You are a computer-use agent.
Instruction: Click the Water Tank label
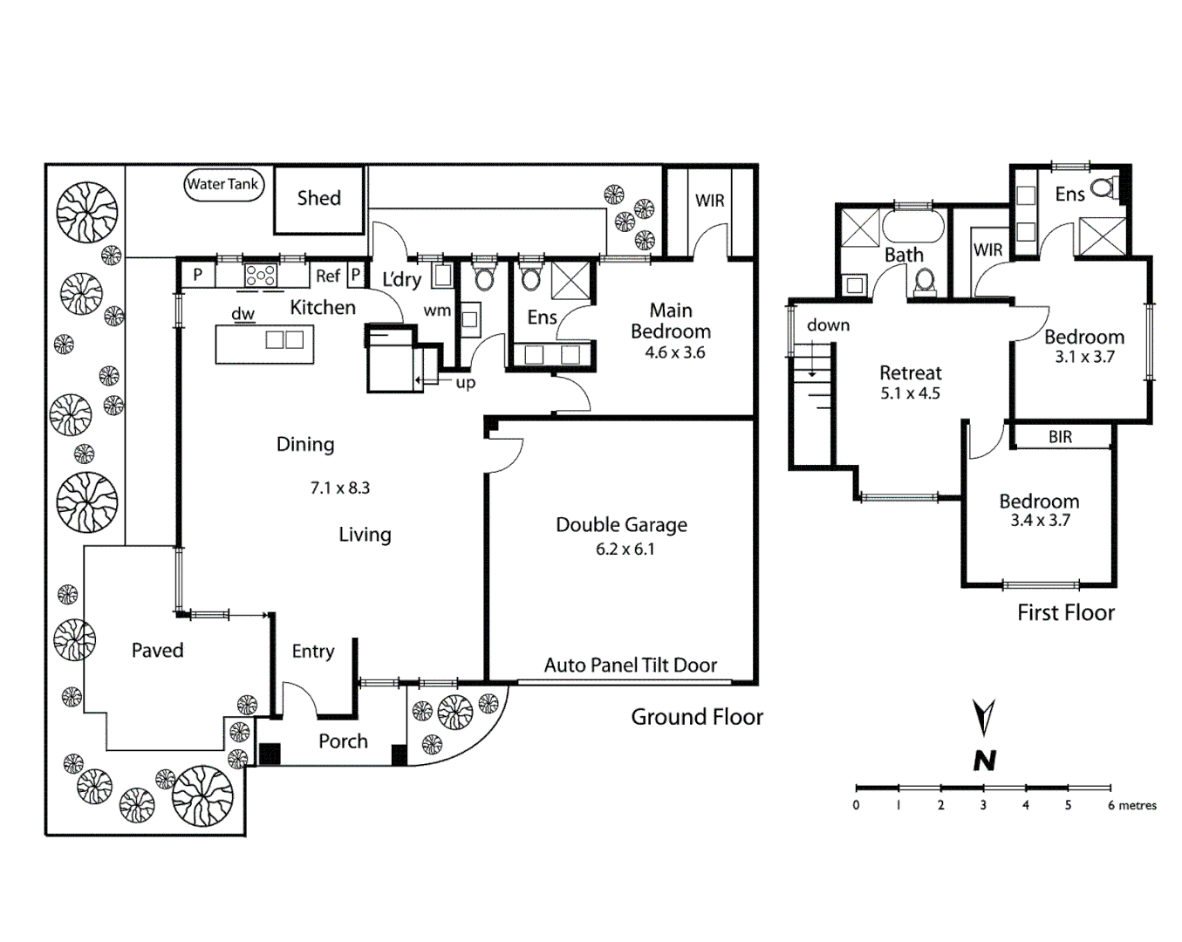223,184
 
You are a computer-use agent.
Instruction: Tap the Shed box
318,199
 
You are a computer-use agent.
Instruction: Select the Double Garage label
621,525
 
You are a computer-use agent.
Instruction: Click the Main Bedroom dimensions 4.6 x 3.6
674,353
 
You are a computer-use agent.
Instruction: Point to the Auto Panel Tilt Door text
630,666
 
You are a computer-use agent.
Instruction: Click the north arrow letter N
984,761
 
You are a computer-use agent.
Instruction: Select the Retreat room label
910,373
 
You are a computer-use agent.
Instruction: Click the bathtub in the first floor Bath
912,226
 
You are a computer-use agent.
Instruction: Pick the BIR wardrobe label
1060,437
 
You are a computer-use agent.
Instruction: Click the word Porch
343,741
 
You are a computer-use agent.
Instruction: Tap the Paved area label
157,651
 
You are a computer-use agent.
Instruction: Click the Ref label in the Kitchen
327,276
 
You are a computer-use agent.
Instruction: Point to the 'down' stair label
828,325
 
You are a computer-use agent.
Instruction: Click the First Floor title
1065,613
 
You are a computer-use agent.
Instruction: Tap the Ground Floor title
696,718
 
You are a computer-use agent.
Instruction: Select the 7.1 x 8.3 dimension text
339,488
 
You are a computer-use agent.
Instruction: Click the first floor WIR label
987,250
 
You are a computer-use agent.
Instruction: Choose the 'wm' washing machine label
437,311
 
